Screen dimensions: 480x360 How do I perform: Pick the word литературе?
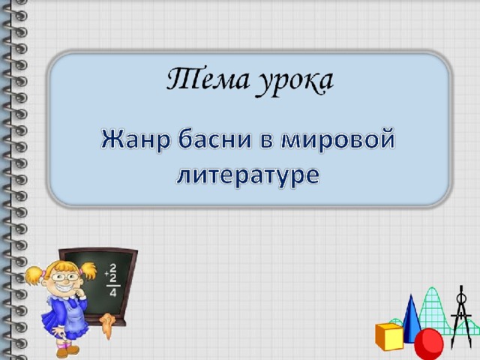click(248, 177)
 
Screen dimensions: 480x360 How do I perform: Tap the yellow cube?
click(389, 336)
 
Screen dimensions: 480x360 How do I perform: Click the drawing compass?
click(460, 315)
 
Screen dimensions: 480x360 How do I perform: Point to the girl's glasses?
click(65, 277)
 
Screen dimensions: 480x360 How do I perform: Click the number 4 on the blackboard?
click(113, 293)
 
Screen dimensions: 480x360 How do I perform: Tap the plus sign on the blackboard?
click(106, 274)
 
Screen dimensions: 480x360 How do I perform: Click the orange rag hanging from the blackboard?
click(107, 325)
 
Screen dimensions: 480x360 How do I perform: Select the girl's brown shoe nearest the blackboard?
click(72, 349)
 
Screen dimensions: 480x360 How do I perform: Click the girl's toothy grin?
click(66, 288)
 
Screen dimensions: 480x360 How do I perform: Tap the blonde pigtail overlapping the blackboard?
click(88, 271)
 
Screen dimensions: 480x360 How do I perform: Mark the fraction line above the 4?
click(113, 286)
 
